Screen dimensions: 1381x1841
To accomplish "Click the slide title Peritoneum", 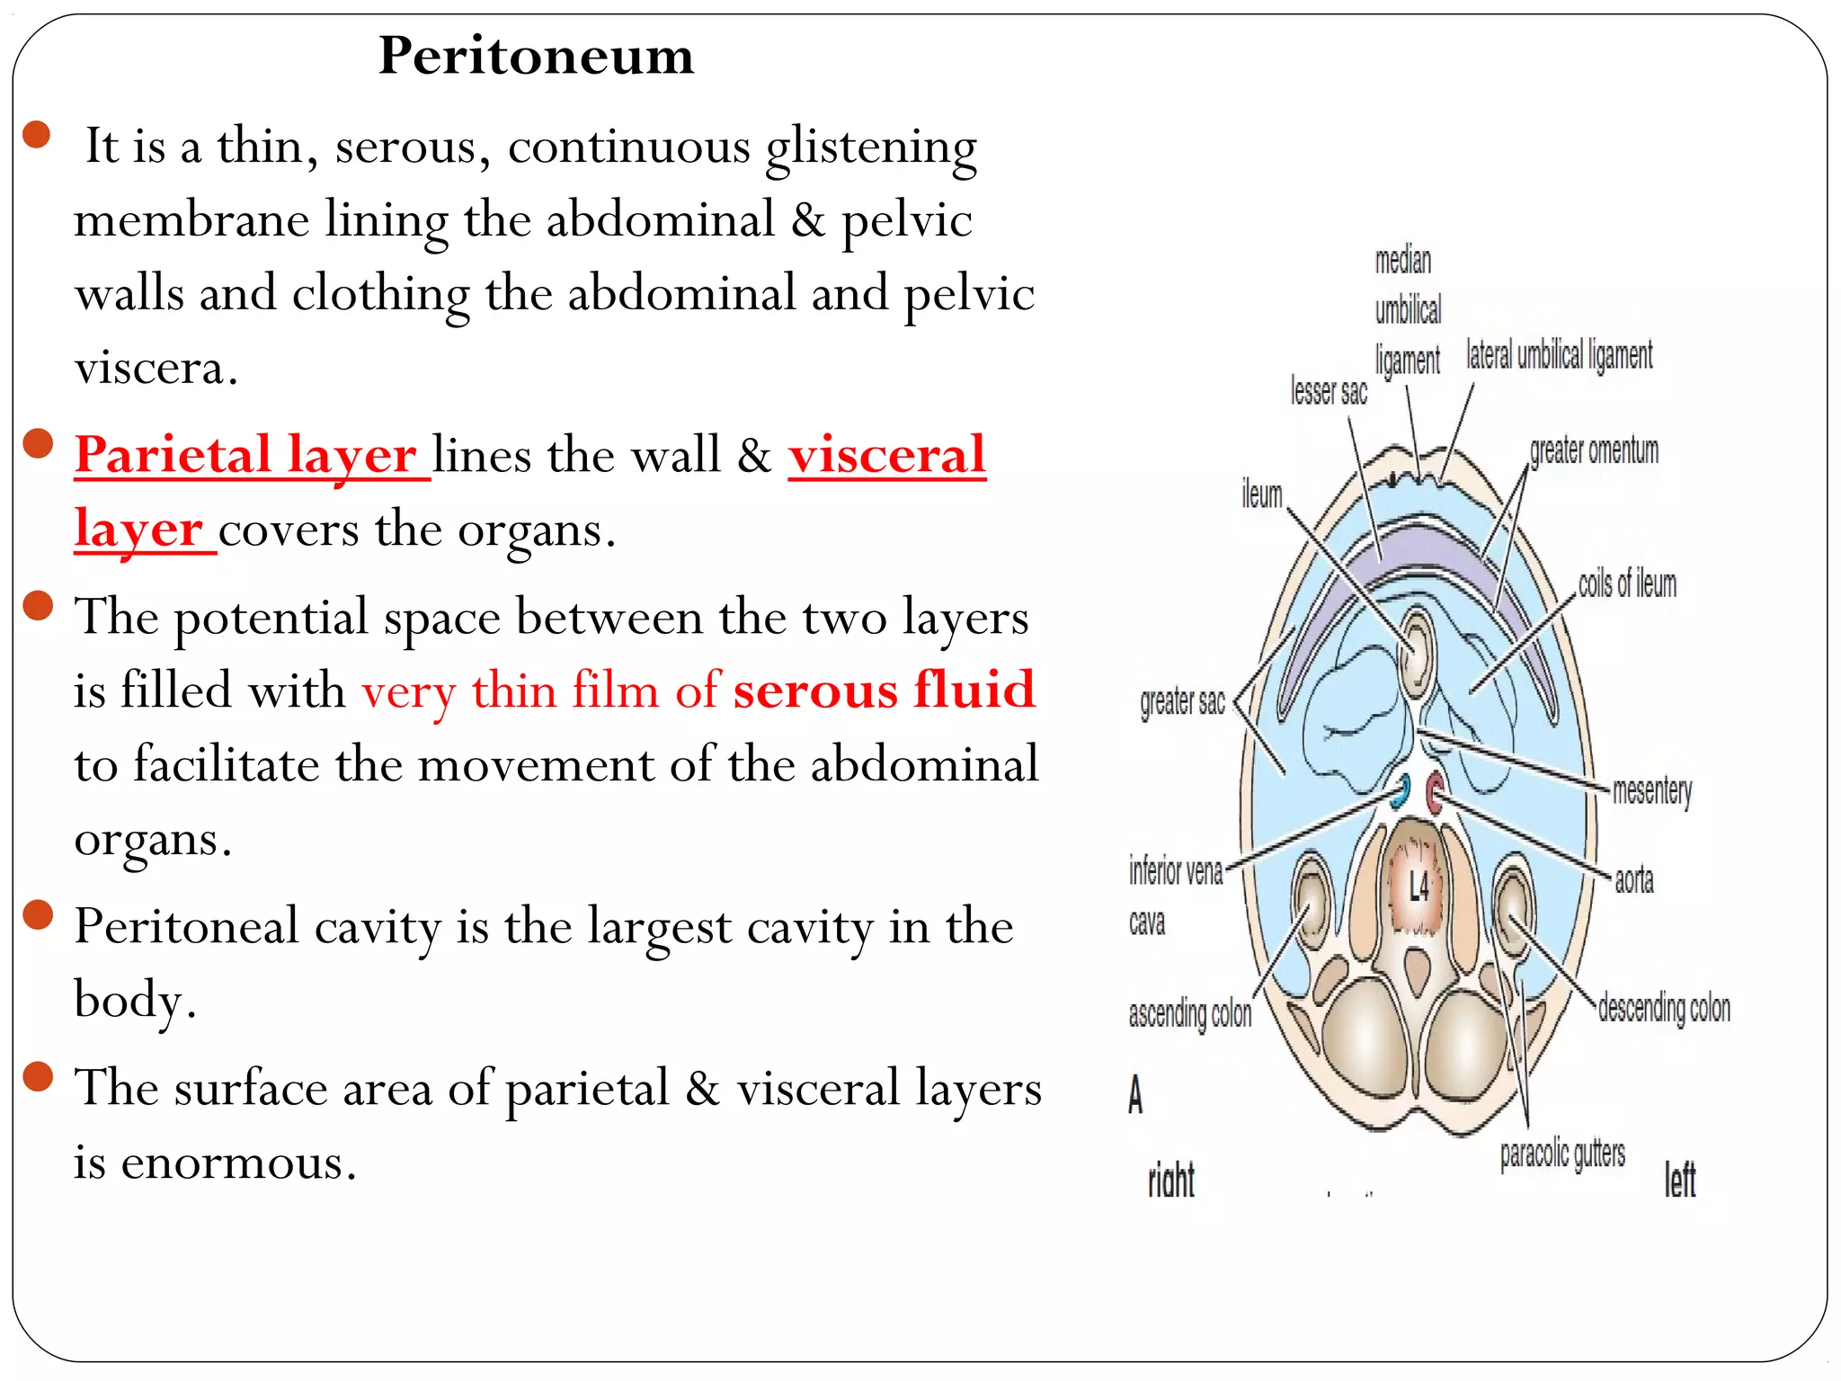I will (536, 56).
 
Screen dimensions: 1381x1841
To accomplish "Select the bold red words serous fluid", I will (884, 690).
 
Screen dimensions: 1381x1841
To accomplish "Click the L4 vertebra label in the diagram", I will (1419, 887).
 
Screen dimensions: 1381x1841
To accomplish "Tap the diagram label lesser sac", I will (1329, 392).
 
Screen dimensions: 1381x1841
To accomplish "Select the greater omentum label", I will (1594, 450).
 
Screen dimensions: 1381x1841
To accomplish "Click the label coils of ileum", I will (1627, 584).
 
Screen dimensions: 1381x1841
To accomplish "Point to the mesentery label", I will (1652, 791).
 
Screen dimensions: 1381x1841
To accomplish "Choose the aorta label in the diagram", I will (1633, 880).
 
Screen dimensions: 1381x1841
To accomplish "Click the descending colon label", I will (1664, 1009).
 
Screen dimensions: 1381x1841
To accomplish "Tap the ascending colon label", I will (1189, 1014).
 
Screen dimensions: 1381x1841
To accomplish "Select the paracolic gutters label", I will (1562, 1154).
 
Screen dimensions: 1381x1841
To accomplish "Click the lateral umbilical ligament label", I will (1560, 356).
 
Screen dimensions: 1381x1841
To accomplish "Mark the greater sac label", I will (1182, 702).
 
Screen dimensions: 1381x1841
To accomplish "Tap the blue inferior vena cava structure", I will (1401, 791).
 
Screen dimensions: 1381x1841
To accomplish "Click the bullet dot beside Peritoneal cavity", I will (38, 915).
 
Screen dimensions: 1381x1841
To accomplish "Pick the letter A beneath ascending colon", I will (1135, 1094).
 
